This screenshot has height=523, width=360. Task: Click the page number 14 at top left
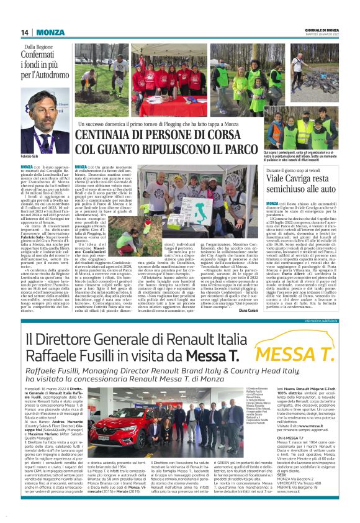click(x=25, y=32)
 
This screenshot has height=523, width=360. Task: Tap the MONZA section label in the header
click(x=47, y=32)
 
